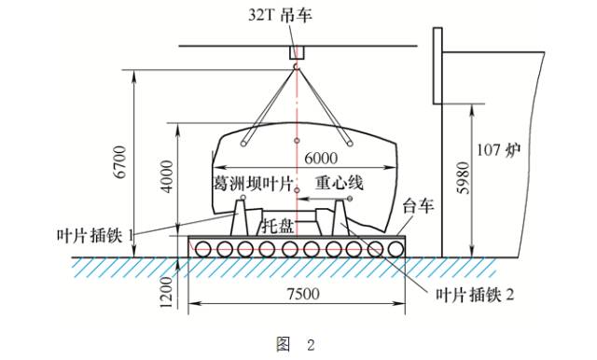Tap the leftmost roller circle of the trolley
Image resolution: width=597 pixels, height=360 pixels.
201,249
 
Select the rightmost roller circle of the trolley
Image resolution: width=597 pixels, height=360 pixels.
396,249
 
